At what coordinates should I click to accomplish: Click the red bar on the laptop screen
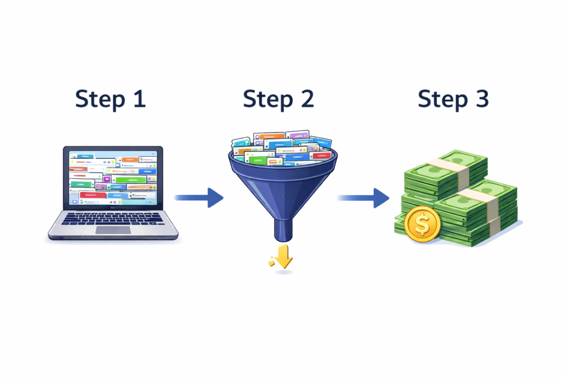coord(93,195)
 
